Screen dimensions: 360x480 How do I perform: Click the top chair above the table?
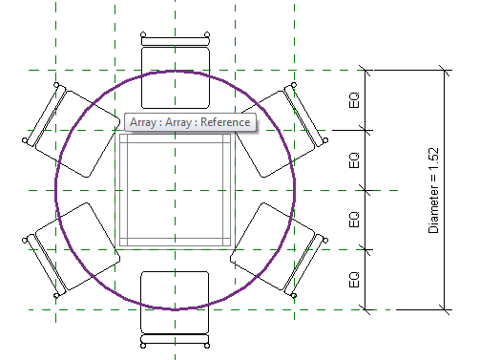click(175, 76)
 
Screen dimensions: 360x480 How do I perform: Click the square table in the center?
click(175, 191)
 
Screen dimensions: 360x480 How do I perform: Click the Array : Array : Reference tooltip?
click(190, 122)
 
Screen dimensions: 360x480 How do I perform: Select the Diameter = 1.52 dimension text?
click(433, 190)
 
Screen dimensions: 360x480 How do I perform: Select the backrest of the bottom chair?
click(175, 340)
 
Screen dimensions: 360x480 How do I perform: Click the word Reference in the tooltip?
click(227, 122)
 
